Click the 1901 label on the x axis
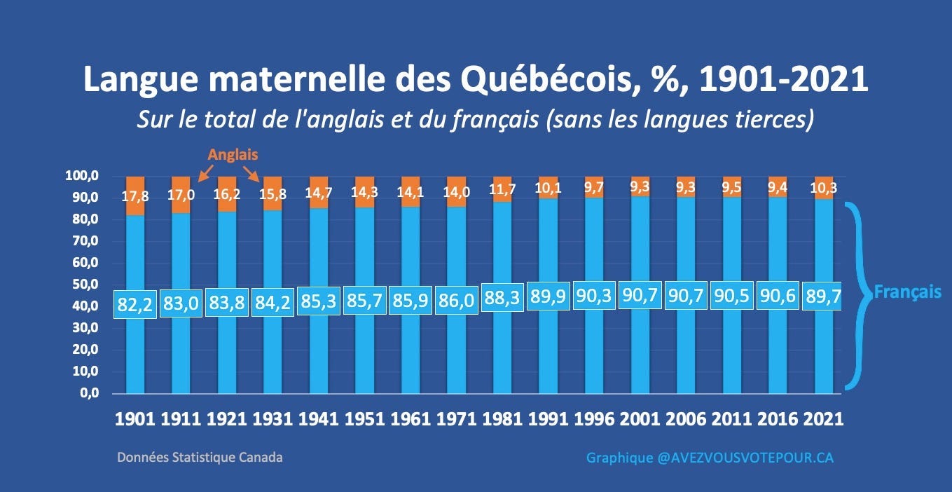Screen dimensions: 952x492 pos(134,419)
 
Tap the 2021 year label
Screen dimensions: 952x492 pos(823,419)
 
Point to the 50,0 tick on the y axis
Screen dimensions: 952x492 pos(85,284)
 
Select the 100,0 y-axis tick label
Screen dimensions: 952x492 pos(81,176)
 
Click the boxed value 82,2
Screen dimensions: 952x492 pos(134,304)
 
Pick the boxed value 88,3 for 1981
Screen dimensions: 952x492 pos(502,298)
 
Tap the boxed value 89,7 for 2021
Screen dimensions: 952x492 pos(822,296)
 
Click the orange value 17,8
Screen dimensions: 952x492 pos(135,196)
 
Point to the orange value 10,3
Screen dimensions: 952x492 pos(824,188)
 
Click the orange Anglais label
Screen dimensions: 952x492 pos(233,155)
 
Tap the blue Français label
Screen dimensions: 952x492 pos(907,292)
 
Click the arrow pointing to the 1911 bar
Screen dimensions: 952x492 pos(206,174)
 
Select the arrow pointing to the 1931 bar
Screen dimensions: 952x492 pos(251,174)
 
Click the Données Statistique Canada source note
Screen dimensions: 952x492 pos(200,458)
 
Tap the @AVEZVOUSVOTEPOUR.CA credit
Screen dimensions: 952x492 pos(745,458)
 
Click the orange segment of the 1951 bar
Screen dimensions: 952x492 pos(365,192)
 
